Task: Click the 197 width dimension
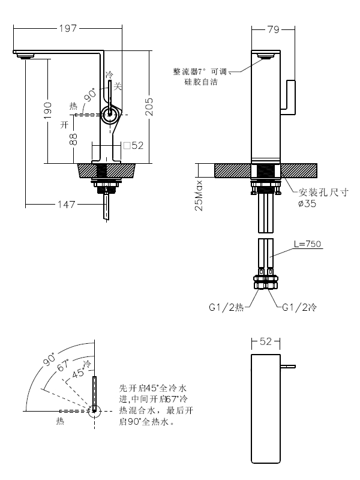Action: tap(68, 28)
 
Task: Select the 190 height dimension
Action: tap(48, 110)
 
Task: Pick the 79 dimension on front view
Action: tap(273, 28)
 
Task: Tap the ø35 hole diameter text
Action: tap(308, 203)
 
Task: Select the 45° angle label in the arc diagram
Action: tap(79, 373)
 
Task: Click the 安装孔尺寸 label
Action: tap(323, 193)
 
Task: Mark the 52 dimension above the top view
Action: tap(266, 341)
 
